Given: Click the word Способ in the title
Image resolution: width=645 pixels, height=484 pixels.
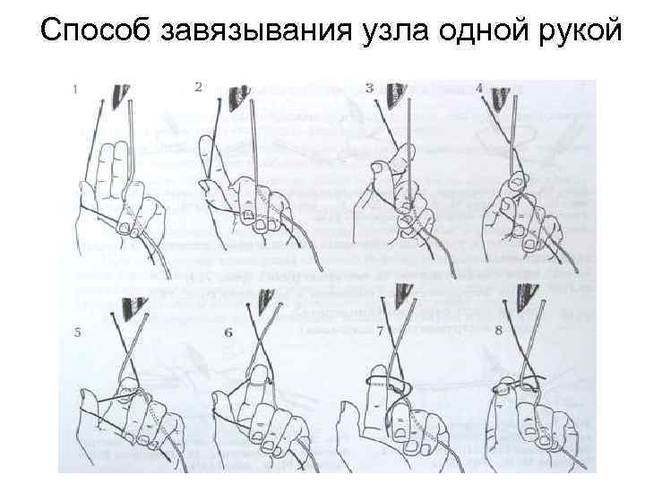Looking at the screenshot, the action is pos(95,30).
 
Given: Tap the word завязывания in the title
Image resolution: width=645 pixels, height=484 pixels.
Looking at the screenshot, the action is pos(256,30).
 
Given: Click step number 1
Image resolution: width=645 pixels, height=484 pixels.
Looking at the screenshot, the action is pos(75,90).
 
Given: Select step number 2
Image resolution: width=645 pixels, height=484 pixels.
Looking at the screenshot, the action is pos(199,87).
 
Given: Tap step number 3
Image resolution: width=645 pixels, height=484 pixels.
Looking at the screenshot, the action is pos(369,88).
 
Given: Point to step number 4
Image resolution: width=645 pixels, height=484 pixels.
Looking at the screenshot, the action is pos(478,89).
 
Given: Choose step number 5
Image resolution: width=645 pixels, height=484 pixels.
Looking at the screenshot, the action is pos(77,333).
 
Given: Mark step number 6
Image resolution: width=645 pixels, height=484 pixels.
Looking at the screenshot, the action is pos(228,333).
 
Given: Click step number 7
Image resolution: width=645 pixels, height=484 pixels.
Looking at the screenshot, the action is pos(380,331).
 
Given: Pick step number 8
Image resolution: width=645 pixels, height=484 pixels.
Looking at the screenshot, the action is pos(499,330).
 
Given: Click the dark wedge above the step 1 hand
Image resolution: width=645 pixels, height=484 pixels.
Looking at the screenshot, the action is pos(120,96).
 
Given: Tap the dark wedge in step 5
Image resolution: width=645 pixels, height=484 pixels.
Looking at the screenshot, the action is pos(133,307).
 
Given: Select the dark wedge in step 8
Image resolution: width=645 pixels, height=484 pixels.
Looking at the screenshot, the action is pos(526,298).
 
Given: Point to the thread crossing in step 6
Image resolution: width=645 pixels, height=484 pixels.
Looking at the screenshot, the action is pos(263,340).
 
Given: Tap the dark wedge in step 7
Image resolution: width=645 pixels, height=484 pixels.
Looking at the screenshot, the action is pos(403,296).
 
